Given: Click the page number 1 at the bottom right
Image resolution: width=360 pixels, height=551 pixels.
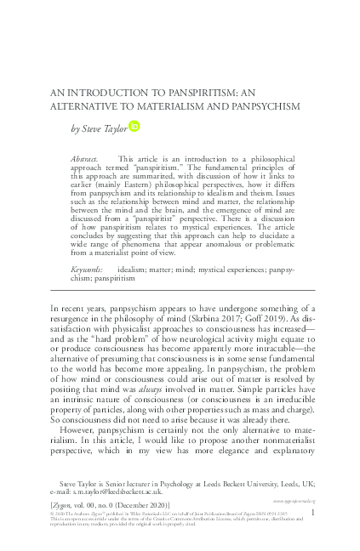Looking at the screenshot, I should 313,513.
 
